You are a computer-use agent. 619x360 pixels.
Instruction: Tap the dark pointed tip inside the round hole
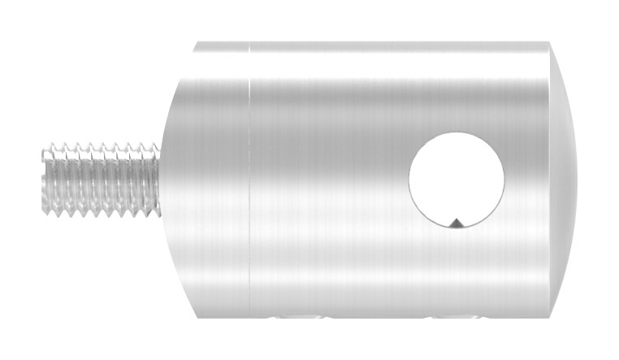pyautogui.click(x=456, y=221)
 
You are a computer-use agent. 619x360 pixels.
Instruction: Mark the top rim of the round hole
pyautogui.click(x=457, y=133)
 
